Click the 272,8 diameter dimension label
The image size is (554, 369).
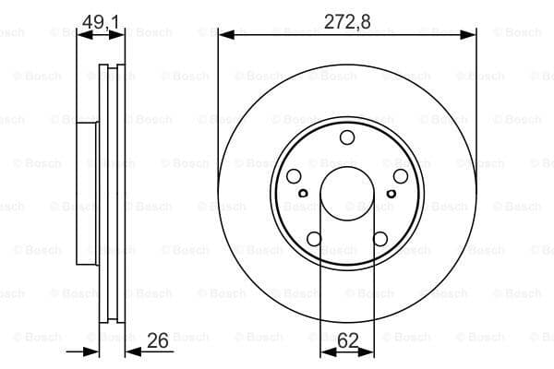347,21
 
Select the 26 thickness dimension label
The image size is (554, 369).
158,340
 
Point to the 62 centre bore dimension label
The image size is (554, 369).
348,340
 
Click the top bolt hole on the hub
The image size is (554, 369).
347,137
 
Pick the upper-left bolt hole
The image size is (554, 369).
294,176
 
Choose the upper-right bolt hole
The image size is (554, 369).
401,176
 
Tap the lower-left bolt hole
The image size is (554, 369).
314,239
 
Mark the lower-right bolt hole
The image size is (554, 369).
380,239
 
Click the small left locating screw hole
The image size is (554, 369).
303,193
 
